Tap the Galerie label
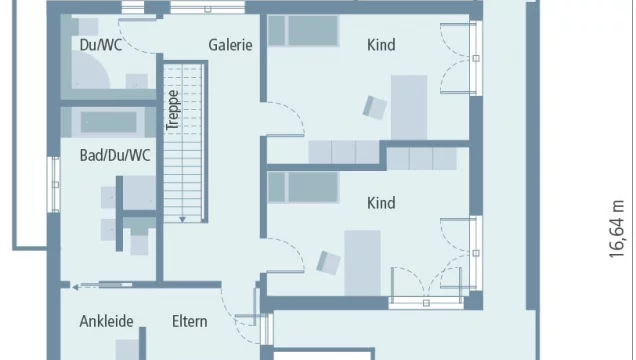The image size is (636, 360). point(230,45)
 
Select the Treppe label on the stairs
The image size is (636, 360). point(172,111)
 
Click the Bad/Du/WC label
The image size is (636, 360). point(115,155)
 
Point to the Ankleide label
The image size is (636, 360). point(107,321)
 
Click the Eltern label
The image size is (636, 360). point(189,321)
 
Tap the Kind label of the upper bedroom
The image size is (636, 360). point(381,45)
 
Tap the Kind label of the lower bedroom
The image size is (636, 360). point(381,203)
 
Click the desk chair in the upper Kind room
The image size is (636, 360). point(374,107)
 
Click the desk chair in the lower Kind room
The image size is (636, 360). point(328,261)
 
